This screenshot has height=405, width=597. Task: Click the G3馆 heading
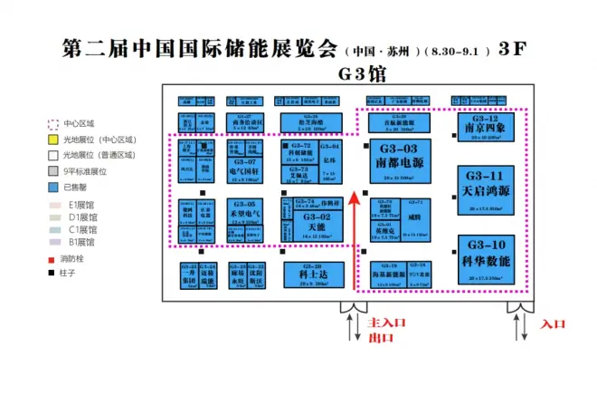pyautogui.click(x=361, y=73)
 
